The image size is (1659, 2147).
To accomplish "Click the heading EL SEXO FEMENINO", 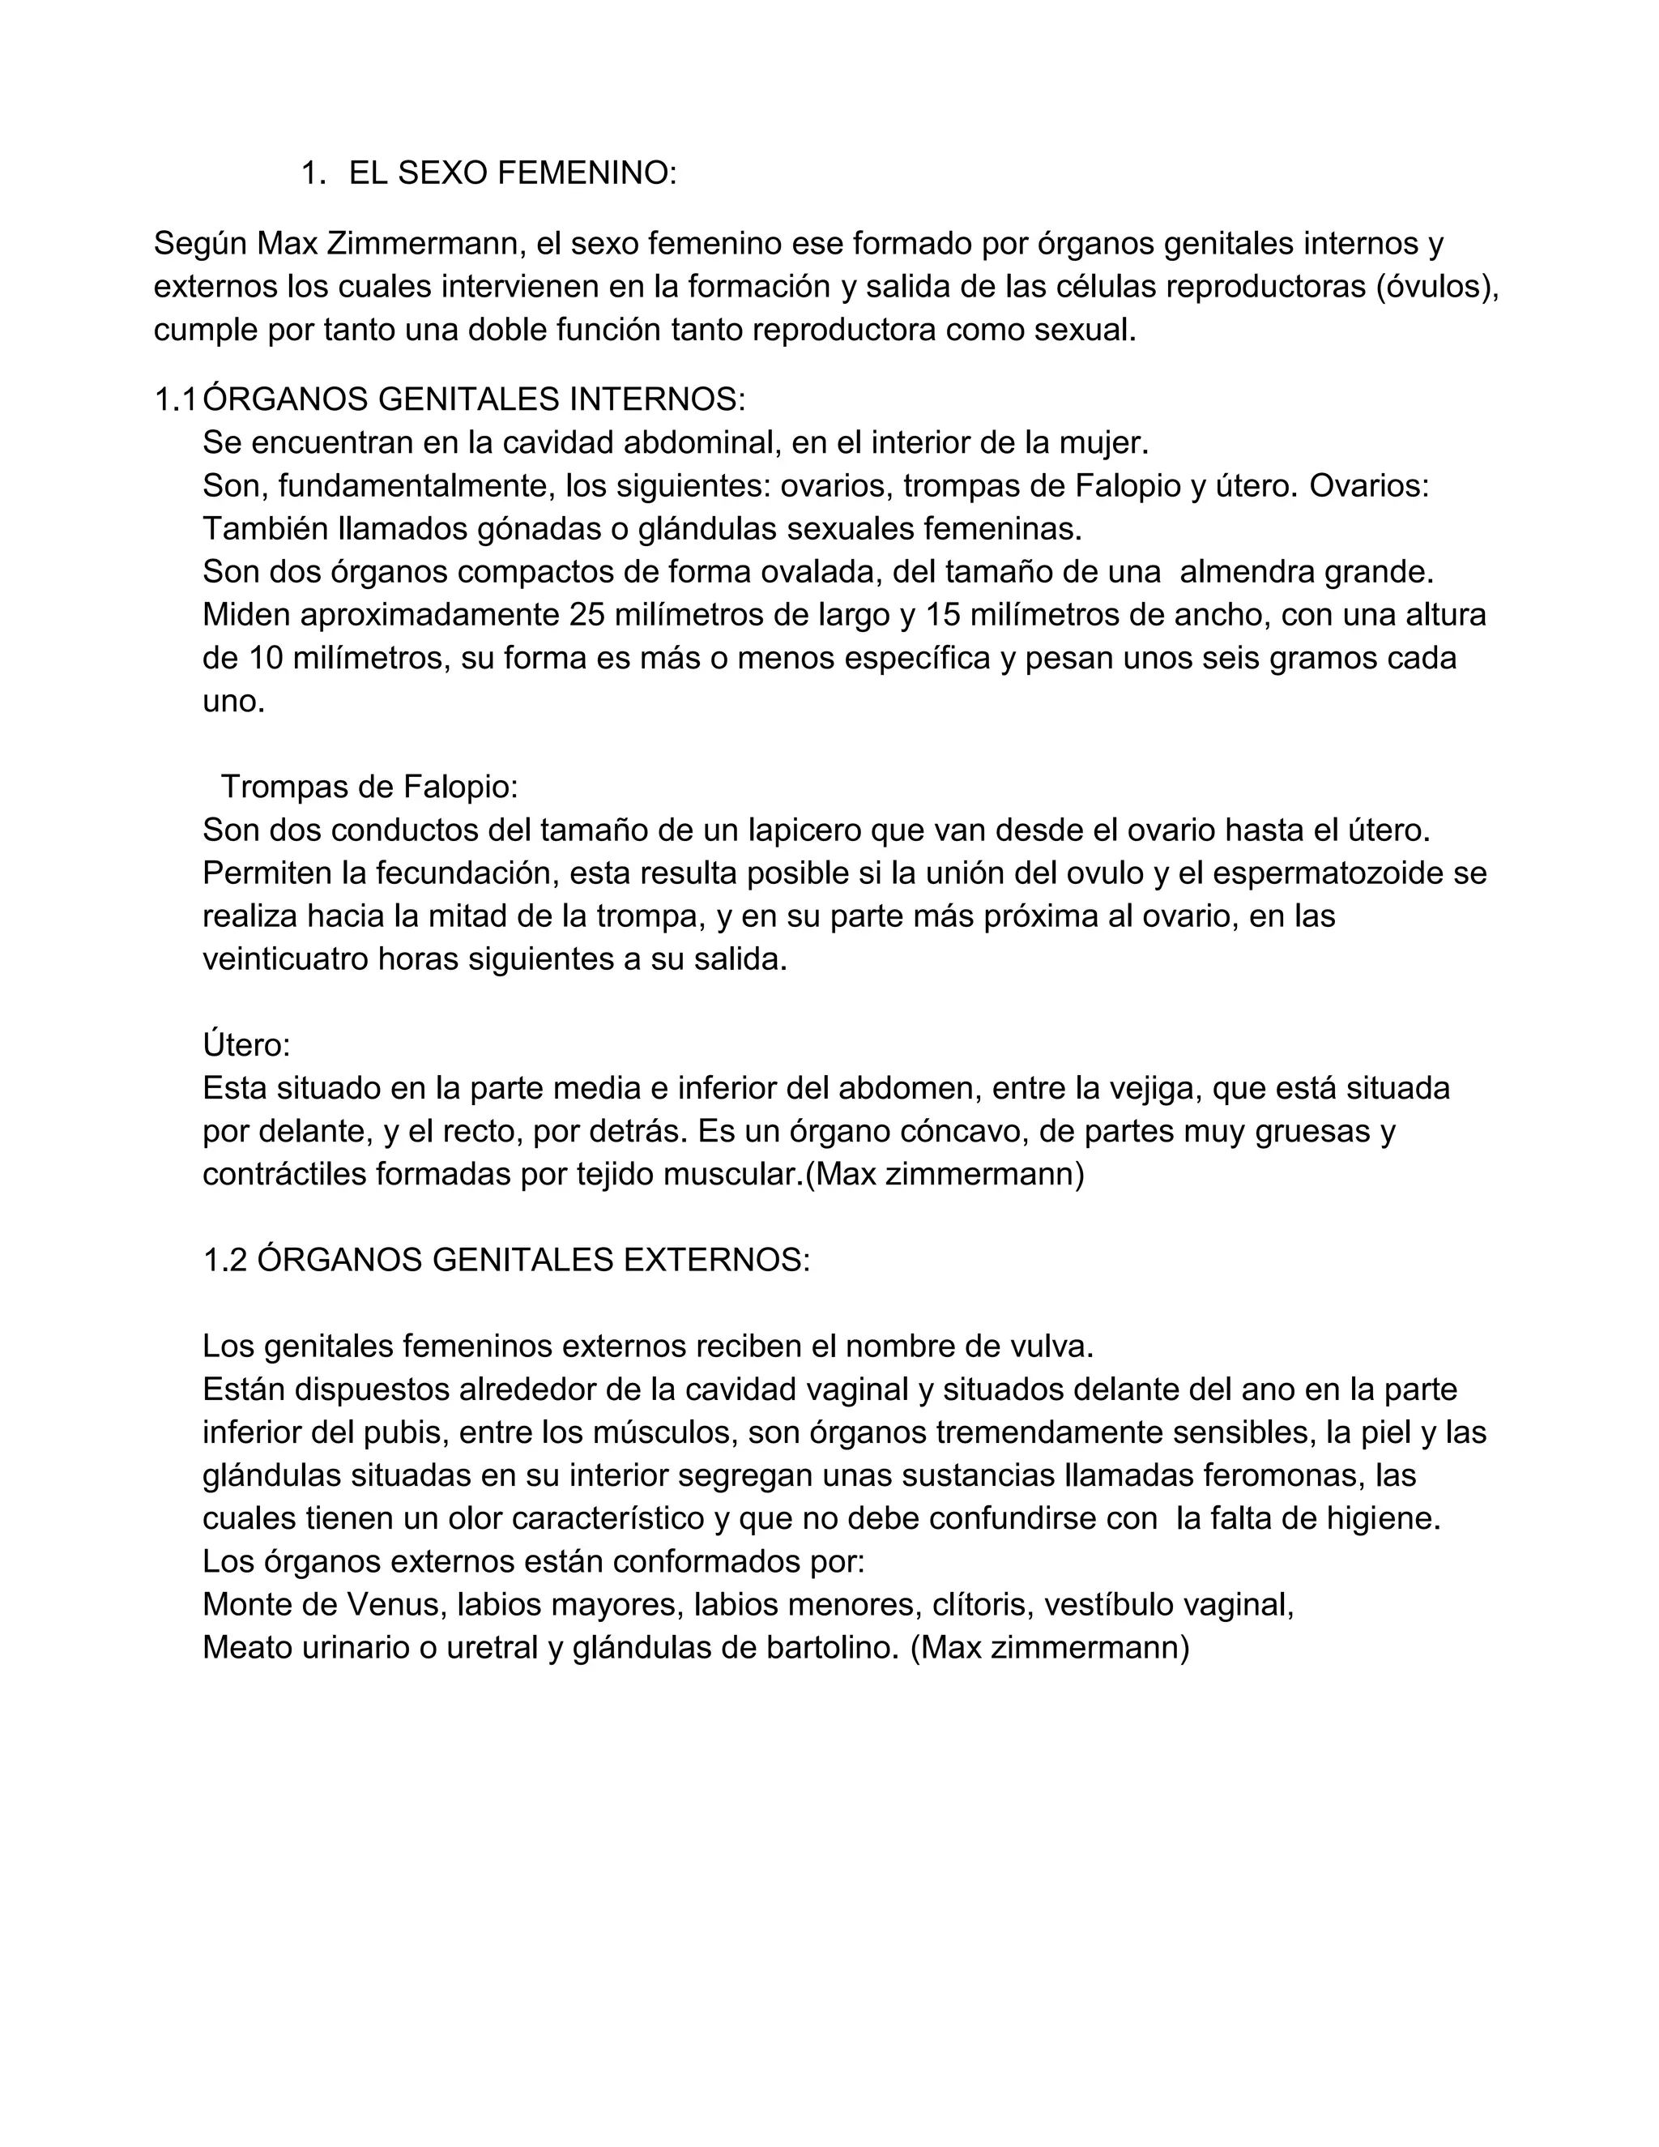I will (512, 173).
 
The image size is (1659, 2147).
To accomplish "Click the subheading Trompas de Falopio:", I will (369, 787).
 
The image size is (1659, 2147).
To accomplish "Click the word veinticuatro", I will (286, 959).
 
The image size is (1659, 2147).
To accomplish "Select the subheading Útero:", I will (245, 1045).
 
